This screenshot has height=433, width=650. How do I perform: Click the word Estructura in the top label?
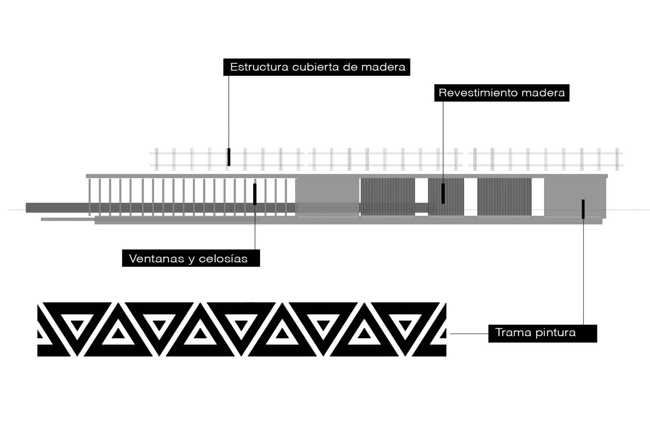259,67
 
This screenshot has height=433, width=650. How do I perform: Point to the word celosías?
223,259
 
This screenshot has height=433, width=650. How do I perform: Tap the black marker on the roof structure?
229,157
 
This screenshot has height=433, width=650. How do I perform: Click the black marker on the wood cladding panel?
443,193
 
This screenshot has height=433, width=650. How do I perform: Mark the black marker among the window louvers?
255,194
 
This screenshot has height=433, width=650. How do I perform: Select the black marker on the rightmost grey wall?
583,209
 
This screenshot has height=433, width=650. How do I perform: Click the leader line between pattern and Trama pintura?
469,334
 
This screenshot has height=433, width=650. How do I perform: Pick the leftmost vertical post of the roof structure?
156,159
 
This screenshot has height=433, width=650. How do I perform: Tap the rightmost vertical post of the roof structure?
617,159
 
